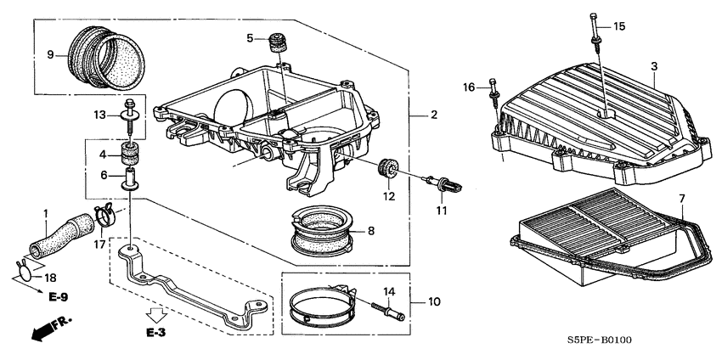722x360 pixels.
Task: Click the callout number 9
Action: click(50, 55)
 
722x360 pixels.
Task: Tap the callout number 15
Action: click(619, 27)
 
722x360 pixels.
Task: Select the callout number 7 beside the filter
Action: click(681, 198)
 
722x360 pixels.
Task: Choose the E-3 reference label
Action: click(155, 331)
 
